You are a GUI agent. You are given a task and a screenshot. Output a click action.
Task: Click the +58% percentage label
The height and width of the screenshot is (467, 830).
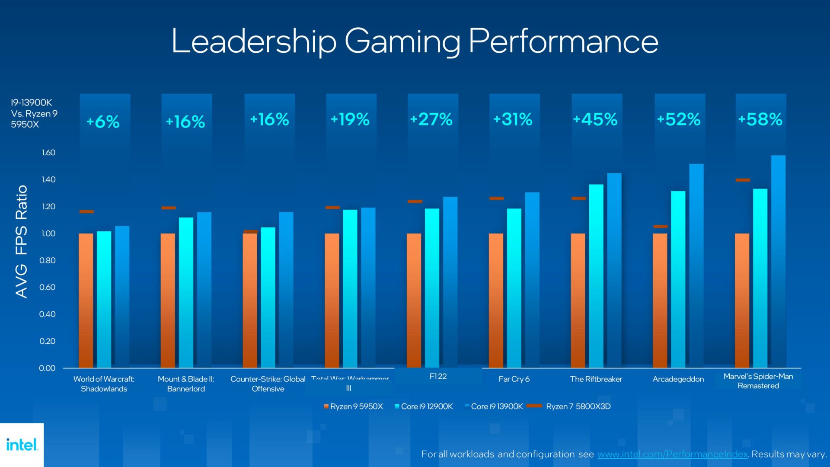(x=760, y=120)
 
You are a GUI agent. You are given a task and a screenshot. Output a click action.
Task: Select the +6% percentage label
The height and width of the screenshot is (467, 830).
(x=103, y=122)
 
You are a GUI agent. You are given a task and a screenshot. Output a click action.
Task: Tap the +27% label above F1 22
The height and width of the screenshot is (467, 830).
(x=431, y=120)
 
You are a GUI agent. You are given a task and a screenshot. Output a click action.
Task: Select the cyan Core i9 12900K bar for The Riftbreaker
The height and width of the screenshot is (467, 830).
(x=596, y=277)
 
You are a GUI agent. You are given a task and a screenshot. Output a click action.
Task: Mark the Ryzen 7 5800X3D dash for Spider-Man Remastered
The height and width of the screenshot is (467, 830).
(x=743, y=180)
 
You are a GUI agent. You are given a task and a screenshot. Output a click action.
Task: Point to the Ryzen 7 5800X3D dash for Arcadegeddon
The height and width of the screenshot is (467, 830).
(x=660, y=227)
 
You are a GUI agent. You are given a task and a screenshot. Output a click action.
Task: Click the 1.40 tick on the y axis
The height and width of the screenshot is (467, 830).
(x=48, y=179)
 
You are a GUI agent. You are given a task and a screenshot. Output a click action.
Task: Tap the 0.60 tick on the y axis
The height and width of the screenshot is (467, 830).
(x=47, y=288)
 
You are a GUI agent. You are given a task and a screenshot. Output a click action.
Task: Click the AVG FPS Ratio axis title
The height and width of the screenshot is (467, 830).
(x=21, y=241)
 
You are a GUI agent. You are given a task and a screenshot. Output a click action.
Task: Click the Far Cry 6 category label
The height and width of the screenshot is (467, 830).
(x=514, y=379)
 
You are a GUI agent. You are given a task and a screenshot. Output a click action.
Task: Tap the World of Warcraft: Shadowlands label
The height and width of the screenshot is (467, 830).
(x=104, y=384)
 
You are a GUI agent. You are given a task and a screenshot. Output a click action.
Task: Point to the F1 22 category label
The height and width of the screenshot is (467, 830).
(x=438, y=377)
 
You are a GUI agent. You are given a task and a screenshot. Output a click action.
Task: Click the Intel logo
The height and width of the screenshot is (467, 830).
(x=22, y=445)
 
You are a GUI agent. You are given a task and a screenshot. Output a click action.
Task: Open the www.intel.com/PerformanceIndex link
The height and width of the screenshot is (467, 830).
(x=672, y=454)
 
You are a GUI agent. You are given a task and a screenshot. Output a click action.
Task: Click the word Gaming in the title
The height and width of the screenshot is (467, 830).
(x=402, y=42)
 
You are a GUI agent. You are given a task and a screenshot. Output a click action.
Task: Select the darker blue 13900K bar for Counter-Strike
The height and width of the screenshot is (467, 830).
(x=286, y=290)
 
